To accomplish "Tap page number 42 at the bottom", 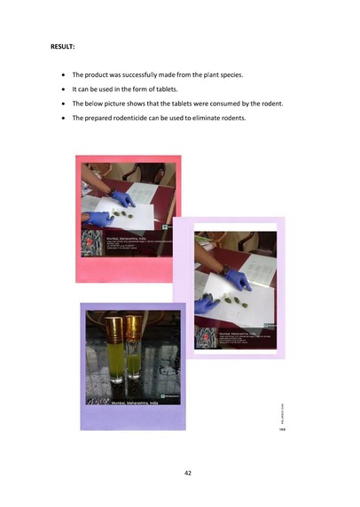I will [x=188, y=472].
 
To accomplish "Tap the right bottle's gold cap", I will [x=133, y=323].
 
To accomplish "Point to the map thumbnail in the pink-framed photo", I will [x=92, y=244].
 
